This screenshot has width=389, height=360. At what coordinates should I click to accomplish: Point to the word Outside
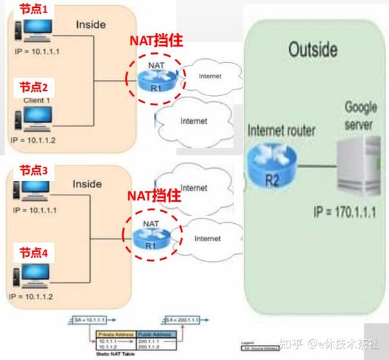pyautogui.click(x=312, y=50)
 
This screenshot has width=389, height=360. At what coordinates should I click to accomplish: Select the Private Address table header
pyautogui.click(x=114, y=335)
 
